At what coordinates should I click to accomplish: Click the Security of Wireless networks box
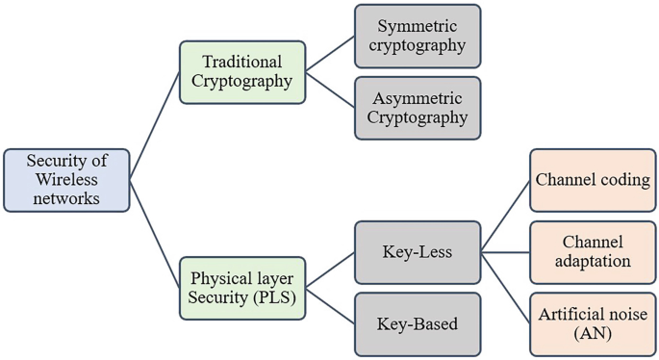pos(65,180)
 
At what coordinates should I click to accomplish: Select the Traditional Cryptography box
pos(242,70)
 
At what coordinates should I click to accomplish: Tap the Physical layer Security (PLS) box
pos(242,287)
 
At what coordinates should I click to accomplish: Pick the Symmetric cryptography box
pos(418,36)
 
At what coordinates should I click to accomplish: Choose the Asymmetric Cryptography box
pos(418,107)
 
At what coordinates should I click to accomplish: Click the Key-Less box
pos(418,252)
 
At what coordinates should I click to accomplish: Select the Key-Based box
pos(418,323)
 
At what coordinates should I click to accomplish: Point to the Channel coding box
pos(593,180)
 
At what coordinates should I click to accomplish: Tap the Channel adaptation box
pos(593,251)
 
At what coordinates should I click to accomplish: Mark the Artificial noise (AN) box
pos(593,324)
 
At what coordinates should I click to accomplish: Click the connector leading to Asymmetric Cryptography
pos(330,89)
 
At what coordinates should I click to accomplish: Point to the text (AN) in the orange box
pos(593,334)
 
